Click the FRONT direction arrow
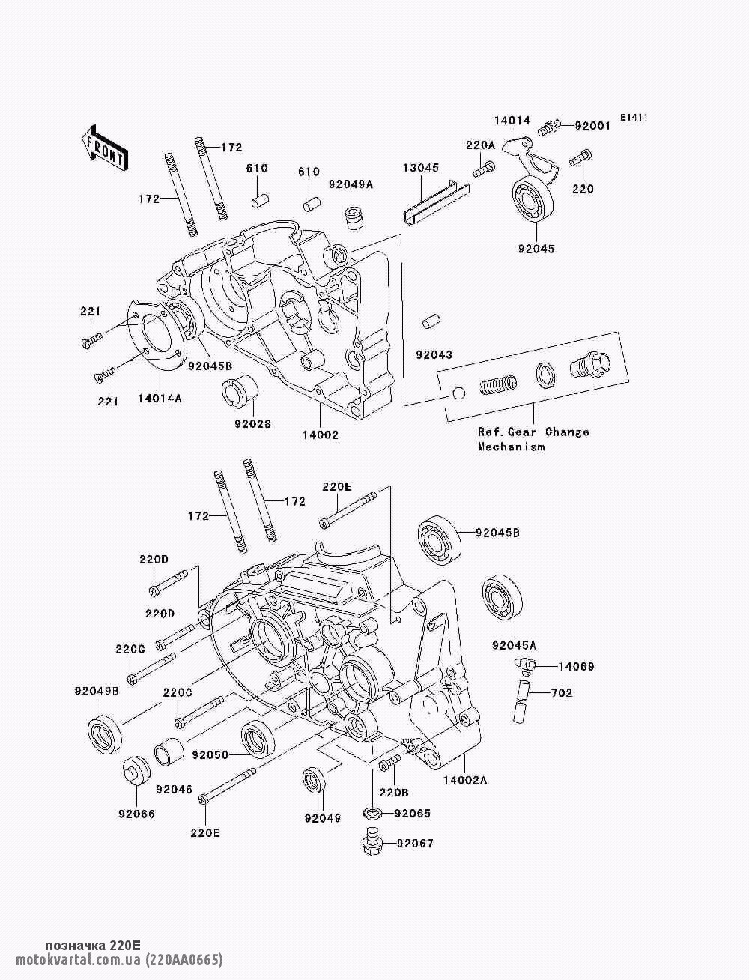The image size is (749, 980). coord(104,147)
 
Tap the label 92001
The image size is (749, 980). coord(592,126)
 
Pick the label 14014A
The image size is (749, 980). coord(158,399)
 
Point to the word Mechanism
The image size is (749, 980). coord(512,447)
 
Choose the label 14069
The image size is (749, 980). coord(576,665)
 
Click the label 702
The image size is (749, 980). coord(562,693)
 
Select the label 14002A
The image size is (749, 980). coord(464,780)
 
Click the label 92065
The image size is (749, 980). coord(413,813)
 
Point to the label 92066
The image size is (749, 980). coord(136,813)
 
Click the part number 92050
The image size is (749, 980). coord(209,754)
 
